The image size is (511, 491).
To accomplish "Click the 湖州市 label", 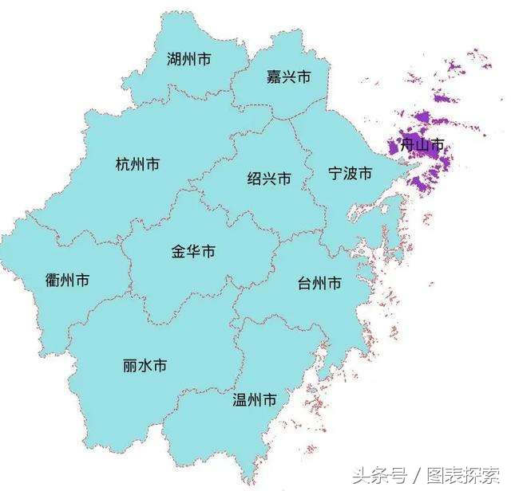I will click(189, 60).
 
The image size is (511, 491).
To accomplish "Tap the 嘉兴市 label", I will click(288, 77).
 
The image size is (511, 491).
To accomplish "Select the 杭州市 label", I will click(137, 165).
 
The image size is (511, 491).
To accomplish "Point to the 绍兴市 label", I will click(269, 179).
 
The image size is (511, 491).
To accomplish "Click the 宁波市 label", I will click(351, 174).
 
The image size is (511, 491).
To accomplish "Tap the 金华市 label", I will click(193, 252).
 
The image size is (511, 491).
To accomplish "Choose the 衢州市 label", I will click(67, 281).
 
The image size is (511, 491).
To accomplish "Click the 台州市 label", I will click(319, 283).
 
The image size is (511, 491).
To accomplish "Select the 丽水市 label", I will click(145, 366).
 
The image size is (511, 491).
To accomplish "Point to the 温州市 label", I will click(254, 399).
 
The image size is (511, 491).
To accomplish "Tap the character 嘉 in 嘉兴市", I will click(274, 77).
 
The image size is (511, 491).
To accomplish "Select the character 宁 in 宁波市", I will click(336, 174).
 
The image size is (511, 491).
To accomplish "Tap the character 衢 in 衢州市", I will click(53, 281).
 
